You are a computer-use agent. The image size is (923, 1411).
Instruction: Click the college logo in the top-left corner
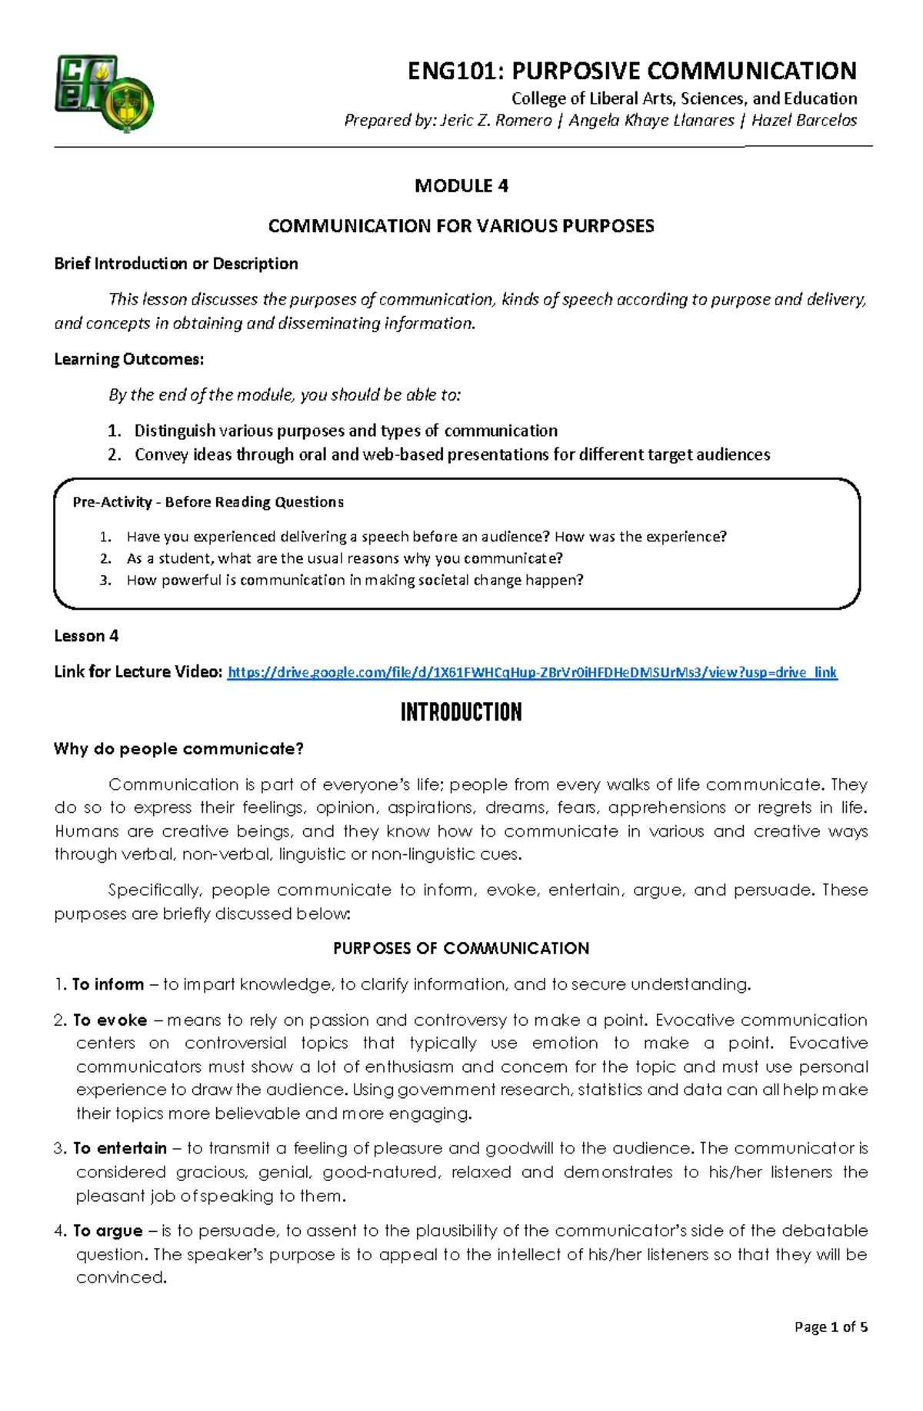click(104, 93)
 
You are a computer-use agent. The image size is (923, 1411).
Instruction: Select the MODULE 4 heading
click(461, 186)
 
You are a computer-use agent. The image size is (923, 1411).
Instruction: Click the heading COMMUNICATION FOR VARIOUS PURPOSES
click(461, 226)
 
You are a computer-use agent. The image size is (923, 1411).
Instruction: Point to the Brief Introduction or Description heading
click(176, 264)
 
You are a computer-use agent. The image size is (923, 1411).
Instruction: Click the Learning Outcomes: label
click(128, 359)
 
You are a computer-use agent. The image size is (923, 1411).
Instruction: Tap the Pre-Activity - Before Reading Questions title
click(208, 502)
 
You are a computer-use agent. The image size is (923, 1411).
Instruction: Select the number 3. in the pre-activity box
click(105, 581)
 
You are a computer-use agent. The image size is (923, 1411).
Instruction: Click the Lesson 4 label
click(86, 636)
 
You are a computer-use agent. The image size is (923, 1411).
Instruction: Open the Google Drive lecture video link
click(532, 673)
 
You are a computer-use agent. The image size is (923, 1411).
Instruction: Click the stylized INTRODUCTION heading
click(461, 712)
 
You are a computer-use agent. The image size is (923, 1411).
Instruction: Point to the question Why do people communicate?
click(178, 749)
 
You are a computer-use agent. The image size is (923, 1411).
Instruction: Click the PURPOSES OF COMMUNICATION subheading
click(461, 948)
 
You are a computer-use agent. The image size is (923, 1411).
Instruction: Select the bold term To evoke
click(110, 1020)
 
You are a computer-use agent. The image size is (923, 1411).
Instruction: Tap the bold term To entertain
click(120, 1148)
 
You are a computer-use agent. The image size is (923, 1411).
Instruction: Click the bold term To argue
click(108, 1230)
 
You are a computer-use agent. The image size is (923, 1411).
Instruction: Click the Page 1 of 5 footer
click(831, 1326)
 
